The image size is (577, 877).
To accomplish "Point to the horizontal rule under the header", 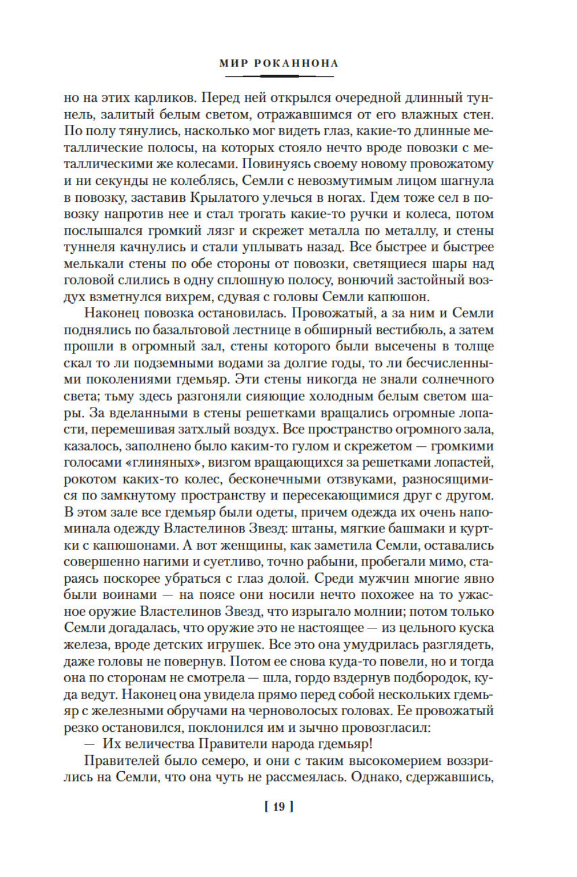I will tap(279, 76).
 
